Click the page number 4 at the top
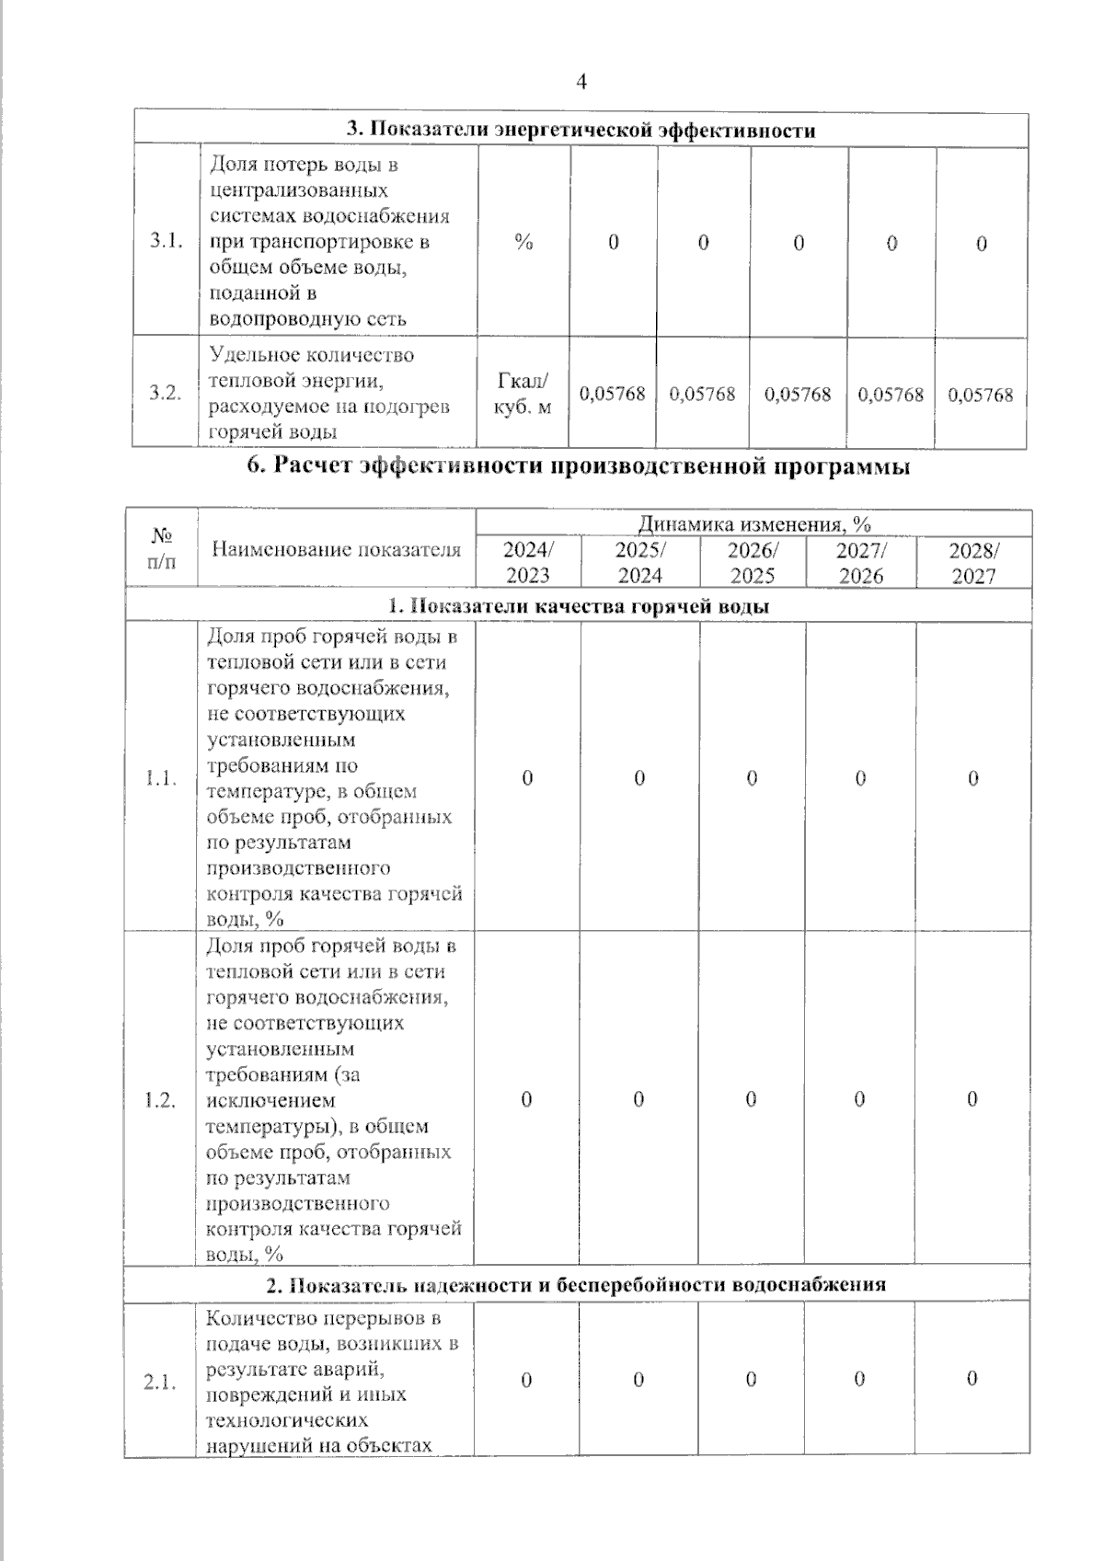point(581,83)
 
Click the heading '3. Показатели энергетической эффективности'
point(581,130)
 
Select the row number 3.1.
point(167,242)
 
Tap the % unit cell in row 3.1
point(523,242)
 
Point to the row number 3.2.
point(167,394)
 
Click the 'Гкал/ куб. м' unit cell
point(523,394)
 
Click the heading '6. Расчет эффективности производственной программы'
point(579,466)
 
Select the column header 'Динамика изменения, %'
point(754,524)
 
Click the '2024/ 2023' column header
point(528,563)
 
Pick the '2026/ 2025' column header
point(753,563)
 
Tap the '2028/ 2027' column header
point(973,563)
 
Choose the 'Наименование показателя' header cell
point(336,550)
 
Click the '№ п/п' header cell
point(162,548)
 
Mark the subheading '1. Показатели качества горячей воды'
point(579,606)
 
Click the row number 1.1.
point(161,779)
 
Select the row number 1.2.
point(161,1100)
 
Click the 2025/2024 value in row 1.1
point(639,778)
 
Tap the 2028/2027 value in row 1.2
point(972,1099)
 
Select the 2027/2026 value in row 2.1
point(859,1379)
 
